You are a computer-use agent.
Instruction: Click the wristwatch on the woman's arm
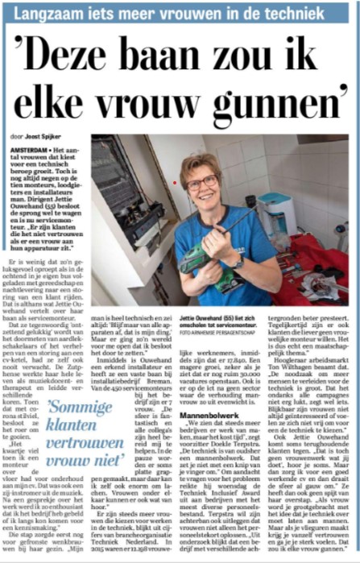[238, 262]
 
